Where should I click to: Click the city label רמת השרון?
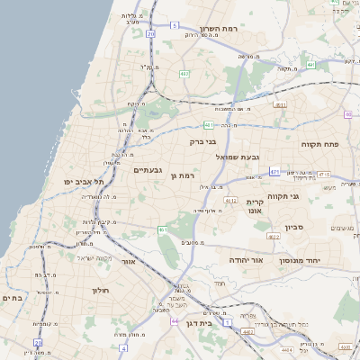click(218, 28)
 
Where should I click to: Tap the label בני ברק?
click(204, 141)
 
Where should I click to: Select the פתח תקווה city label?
click(319, 143)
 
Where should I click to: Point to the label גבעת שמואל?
click(237, 157)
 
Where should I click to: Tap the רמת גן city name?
click(184, 175)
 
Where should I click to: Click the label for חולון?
click(99, 291)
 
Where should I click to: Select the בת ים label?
click(12, 298)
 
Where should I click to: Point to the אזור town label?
click(129, 261)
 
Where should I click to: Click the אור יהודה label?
click(245, 259)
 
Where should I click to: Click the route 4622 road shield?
click(271, 237)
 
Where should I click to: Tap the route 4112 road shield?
click(230, 200)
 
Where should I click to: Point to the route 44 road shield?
click(174, 320)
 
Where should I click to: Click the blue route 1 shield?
click(227, 321)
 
